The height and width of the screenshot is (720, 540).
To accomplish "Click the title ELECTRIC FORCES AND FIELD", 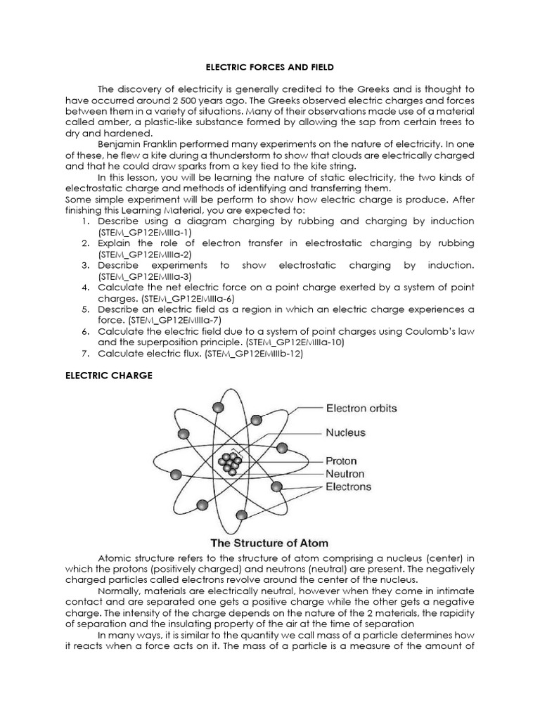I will [269, 67].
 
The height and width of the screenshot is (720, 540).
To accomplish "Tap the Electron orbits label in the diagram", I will [361, 408].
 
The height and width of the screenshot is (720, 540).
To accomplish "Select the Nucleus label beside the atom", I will [346, 432].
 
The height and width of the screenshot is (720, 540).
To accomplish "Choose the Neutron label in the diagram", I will [346, 474].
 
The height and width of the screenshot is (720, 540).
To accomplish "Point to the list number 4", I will [84, 287].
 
